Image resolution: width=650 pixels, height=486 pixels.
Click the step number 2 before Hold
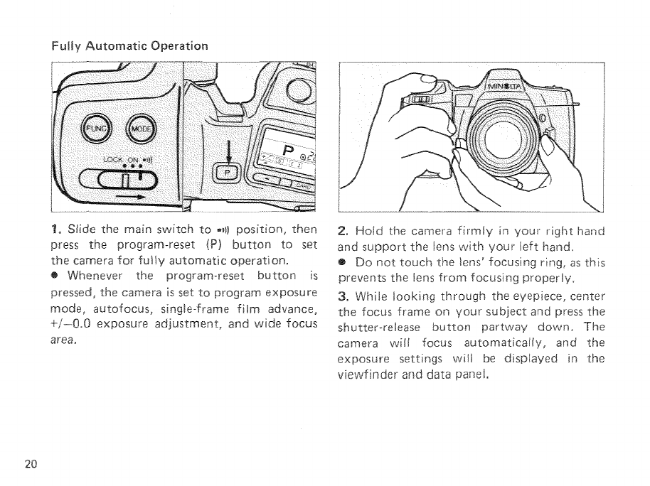pos(343,230)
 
